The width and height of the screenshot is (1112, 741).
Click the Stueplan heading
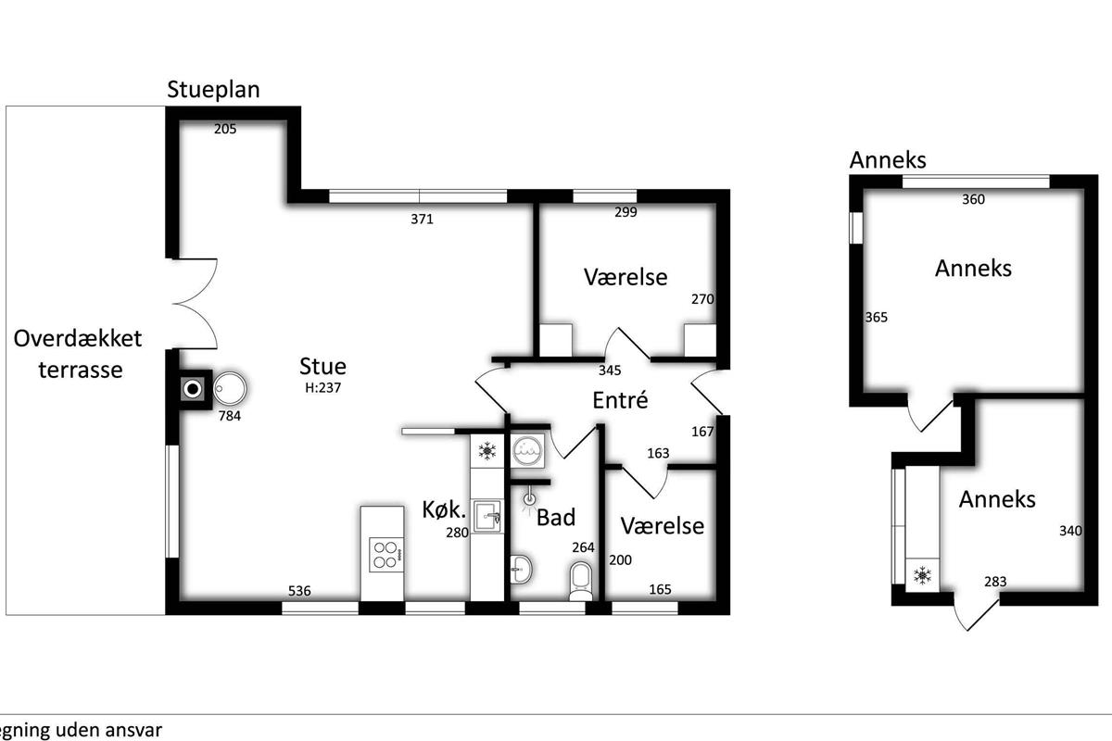pyautogui.click(x=213, y=90)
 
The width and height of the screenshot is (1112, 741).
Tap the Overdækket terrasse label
pyautogui.click(x=78, y=354)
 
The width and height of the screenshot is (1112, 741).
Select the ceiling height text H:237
pyautogui.click(x=322, y=387)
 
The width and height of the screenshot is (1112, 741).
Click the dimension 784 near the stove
pyautogui.click(x=230, y=416)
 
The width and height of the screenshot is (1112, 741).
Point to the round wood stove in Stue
pyautogui.click(x=230, y=387)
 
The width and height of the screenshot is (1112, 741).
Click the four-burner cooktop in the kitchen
pyautogui.click(x=385, y=555)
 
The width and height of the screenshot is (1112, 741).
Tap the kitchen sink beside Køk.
pyautogui.click(x=486, y=516)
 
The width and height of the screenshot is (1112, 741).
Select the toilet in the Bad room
pyautogui.click(x=581, y=580)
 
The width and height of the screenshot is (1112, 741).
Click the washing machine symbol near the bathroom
pyautogui.click(x=527, y=451)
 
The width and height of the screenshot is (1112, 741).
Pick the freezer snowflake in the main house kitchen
pyautogui.click(x=487, y=451)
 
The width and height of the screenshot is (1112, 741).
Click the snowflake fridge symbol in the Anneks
pyautogui.click(x=922, y=575)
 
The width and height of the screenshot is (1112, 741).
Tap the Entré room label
pyautogui.click(x=621, y=400)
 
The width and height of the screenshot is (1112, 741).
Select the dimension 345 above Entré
pyautogui.click(x=610, y=370)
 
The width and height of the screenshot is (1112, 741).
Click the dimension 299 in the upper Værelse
pyautogui.click(x=625, y=212)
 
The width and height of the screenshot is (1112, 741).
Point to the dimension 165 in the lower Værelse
pyautogui.click(x=660, y=589)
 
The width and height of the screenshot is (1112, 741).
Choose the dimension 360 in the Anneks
pyautogui.click(x=974, y=199)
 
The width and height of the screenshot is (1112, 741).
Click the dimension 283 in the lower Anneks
pyautogui.click(x=995, y=582)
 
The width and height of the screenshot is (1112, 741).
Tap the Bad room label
pyautogui.click(x=556, y=518)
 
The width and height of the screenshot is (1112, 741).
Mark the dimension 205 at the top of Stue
pyautogui.click(x=225, y=129)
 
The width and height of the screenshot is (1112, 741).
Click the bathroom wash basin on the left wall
pyautogui.click(x=521, y=570)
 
